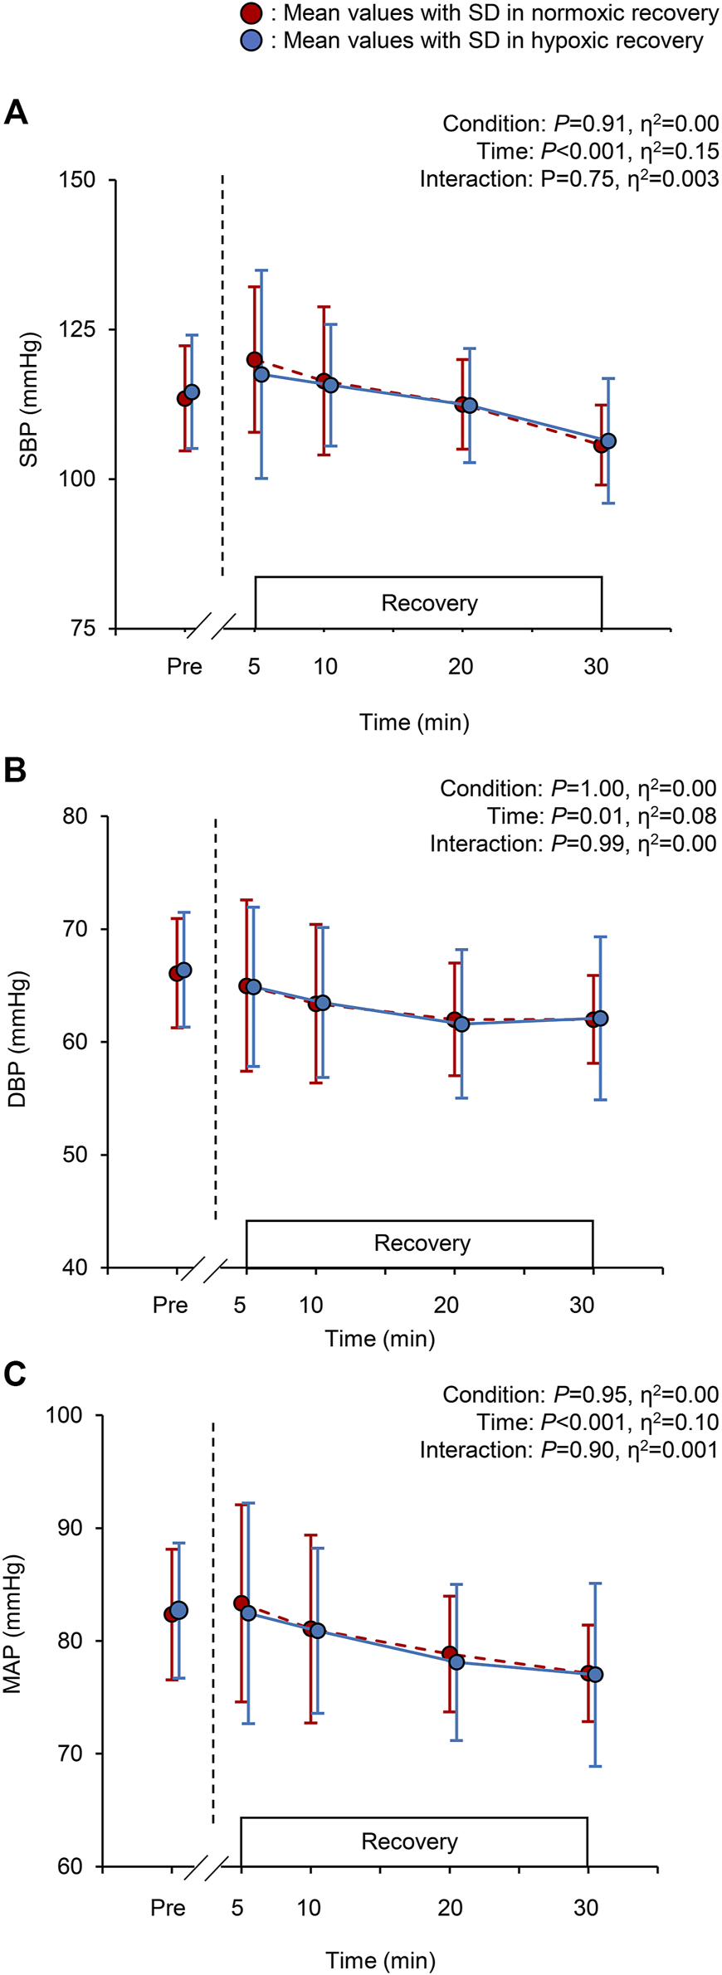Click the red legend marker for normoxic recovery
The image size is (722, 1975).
pyautogui.click(x=251, y=13)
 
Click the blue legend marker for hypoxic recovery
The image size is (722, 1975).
pyautogui.click(x=251, y=40)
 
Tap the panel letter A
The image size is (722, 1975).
pyautogui.click(x=16, y=112)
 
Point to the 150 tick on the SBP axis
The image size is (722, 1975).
pyautogui.click(x=77, y=180)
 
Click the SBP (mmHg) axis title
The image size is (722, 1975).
pyautogui.click(x=29, y=401)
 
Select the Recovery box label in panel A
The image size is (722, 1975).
pyautogui.click(x=429, y=603)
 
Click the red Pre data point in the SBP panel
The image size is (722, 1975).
pyautogui.click(x=184, y=399)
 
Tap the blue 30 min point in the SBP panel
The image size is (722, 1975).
pyautogui.click(x=608, y=441)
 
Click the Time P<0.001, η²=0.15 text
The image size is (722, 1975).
pyautogui.click(x=598, y=152)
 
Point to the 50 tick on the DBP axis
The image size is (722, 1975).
pyautogui.click(x=76, y=1155)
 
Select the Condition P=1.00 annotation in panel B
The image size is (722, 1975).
pyautogui.click(x=578, y=789)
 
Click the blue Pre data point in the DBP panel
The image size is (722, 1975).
pyautogui.click(x=184, y=970)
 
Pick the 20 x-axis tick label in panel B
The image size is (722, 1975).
pyautogui.click(x=446, y=1306)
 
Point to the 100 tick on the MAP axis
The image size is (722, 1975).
pyautogui.click(x=66, y=1415)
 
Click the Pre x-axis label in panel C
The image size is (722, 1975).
pyautogui.click(x=168, y=1908)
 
